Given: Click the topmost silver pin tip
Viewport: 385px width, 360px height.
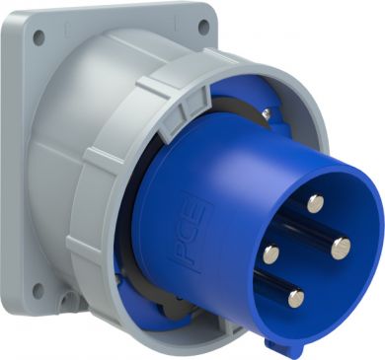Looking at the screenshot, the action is pos(316,204).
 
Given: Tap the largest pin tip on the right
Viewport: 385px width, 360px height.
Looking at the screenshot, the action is pos(341,248).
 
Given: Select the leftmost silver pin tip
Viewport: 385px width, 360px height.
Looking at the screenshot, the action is pos(271,252).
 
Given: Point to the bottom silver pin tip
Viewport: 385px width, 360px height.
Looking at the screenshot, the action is pos(296,298).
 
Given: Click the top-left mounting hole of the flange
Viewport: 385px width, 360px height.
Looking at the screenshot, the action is pos(39,37).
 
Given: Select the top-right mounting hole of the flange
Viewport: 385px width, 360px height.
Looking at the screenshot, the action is pos(204,26).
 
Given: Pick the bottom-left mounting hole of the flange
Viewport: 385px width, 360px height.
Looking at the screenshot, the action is pos(38,291).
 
